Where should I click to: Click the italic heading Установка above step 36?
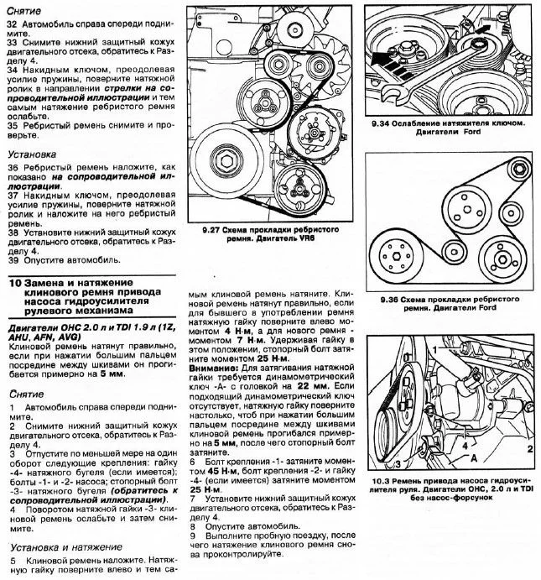(x=32, y=156)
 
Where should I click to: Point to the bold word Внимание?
(x=216, y=367)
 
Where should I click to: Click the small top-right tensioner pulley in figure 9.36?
(x=517, y=172)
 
